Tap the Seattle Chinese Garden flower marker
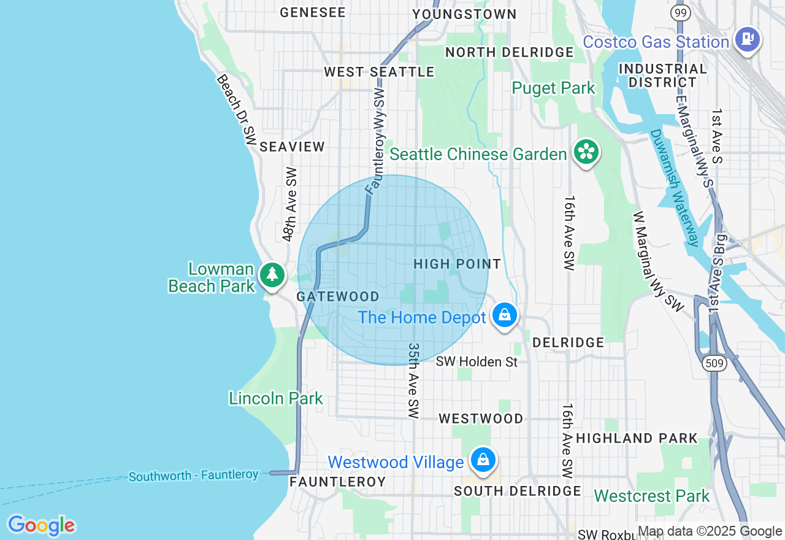[586, 152]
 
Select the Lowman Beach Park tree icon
[272, 274]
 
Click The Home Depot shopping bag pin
[504, 315]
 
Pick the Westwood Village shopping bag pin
[483, 460]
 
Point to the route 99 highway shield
[679, 13]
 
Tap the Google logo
[41, 526]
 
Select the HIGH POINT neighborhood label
[457, 264]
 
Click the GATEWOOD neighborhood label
[337, 296]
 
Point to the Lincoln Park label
[276, 398]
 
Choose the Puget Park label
[554, 88]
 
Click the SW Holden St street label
[477, 362]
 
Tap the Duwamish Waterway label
[675, 187]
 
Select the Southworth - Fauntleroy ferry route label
[194, 476]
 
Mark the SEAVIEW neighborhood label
[292, 147]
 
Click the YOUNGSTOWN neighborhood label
[464, 14]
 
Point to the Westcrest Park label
[651, 496]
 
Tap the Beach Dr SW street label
[235, 106]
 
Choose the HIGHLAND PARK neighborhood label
[637, 438]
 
